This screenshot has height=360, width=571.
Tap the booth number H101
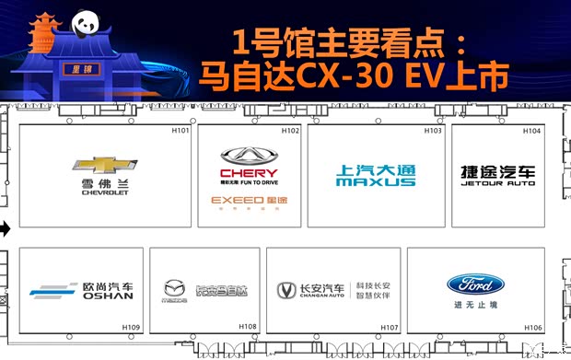click(181, 131)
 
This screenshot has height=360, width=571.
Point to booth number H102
click(290, 131)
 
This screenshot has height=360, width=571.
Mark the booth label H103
click(433, 131)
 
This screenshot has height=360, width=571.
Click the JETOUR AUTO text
click(498, 183)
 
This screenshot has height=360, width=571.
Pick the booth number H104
click(531, 131)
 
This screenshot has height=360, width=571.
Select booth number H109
click(131, 327)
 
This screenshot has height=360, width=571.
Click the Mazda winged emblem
click(175, 286)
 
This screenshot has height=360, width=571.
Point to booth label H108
click(248, 327)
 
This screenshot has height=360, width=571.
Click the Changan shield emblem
click(285, 290)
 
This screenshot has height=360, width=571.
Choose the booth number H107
click(390, 327)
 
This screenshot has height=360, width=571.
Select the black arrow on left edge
click(5, 227)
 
